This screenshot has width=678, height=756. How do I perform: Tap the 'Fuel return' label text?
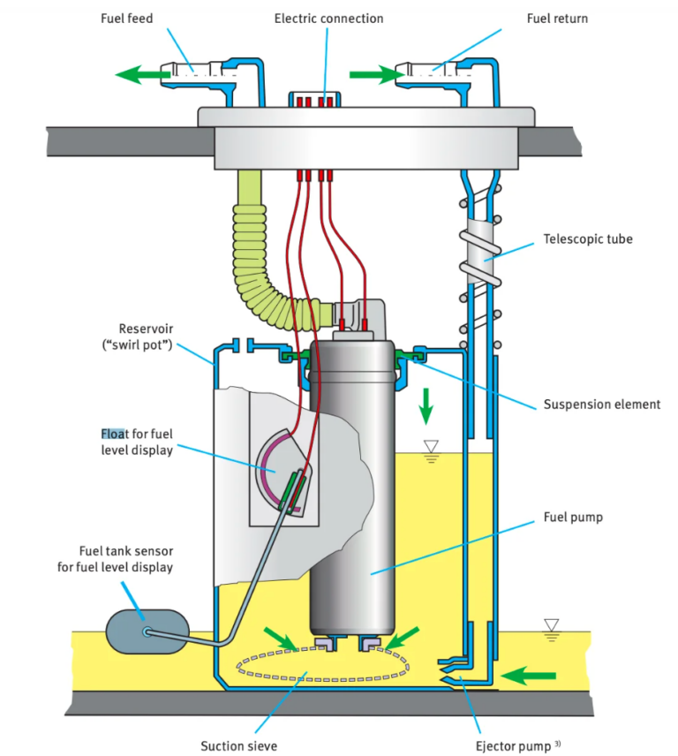click(x=556, y=18)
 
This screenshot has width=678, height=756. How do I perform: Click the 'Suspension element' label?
click(x=601, y=404)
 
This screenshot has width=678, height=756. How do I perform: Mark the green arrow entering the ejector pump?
click(x=529, y=677)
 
